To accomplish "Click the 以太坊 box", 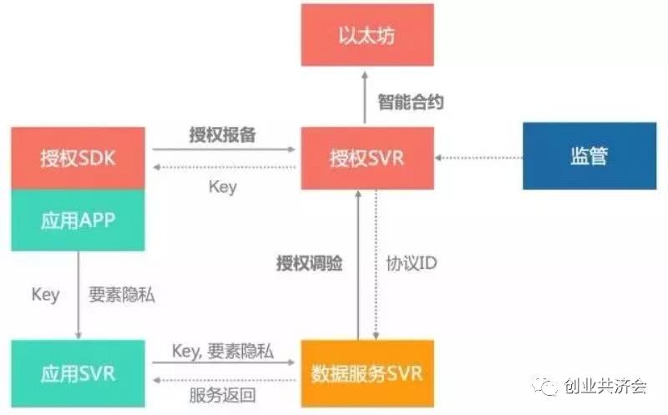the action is (367, 35).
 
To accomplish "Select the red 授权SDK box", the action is (78, 158).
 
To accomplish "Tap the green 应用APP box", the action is (78, 220).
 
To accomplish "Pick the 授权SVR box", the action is (367, 158).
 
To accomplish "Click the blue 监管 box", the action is (590, 156).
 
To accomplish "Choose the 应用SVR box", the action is (78, 373).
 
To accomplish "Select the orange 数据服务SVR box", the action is (367, 373).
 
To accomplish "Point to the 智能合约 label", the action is (411, 102).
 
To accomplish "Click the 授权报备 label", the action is (222, 135).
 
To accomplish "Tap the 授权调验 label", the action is (309, 263).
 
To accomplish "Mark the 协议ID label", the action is (412, 263).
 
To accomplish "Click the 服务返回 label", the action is (222, 396).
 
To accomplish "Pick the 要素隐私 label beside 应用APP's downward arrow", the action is (122, 295).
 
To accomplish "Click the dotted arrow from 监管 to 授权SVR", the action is (478, 158).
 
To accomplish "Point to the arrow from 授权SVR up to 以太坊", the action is (365, 98).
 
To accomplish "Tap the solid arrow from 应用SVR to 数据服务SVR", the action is (224, 362).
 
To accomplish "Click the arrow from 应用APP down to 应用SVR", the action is (78, 295).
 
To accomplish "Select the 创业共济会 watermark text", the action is (605, 386).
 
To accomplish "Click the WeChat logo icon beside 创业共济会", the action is (544, 386).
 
